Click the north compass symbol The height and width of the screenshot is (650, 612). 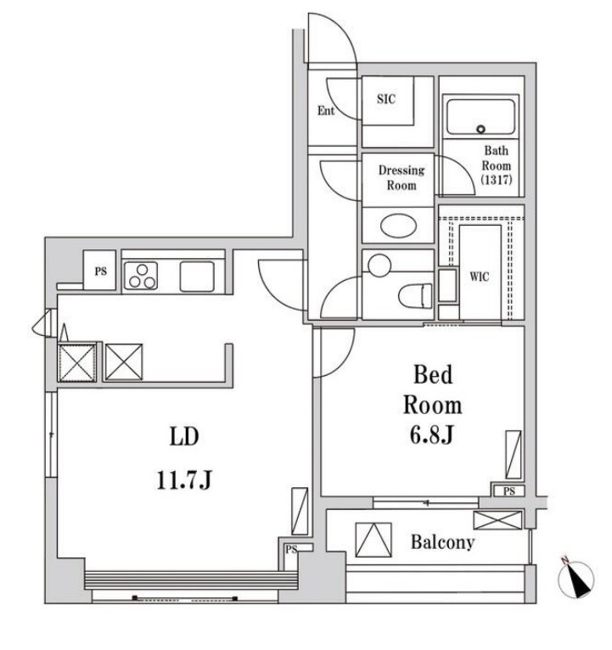point(576,579)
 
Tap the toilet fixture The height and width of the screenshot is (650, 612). point(415,295)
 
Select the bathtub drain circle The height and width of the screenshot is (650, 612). point(480,129)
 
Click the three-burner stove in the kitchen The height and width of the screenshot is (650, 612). point(141,276)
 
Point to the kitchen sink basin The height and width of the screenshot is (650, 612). point(197,277)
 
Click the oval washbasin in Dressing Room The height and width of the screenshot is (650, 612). point(398,226)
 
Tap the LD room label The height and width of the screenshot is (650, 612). point(184,436)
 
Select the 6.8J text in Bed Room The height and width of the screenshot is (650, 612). point(431,434)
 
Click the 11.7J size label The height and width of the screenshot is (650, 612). point(184,480)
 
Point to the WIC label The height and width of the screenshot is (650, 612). point(480,277)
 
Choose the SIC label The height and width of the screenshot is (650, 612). point(386,98)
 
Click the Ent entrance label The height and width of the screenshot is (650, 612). point(326,110)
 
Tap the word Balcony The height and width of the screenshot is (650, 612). point(442,542)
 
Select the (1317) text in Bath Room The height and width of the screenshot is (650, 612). point(497,179)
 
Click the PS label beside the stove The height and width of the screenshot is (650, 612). point(101,271)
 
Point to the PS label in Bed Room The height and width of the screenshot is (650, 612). point(509,491)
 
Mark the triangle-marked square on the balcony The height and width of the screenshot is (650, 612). point(373,540)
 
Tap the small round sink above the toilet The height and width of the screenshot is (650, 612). point(379,266)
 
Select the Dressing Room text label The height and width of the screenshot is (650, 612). point(401,178)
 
